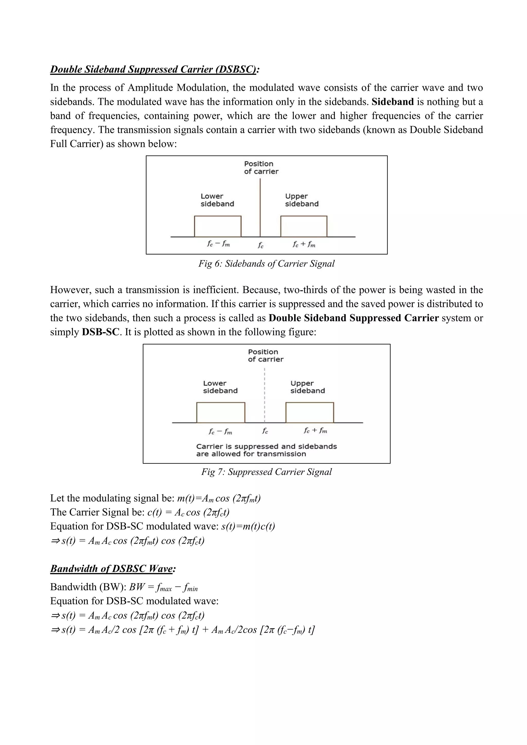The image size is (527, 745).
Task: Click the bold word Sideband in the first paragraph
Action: point(392,102)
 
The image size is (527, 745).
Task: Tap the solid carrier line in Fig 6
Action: point(260,208)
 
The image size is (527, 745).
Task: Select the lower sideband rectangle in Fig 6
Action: point(218,226)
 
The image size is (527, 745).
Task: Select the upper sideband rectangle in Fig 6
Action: point(304,226)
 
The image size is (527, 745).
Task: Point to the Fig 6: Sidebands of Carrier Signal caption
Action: point(266,263)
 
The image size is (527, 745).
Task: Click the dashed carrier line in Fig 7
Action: point(265,396)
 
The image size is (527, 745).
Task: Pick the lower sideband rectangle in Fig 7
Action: point(221,412)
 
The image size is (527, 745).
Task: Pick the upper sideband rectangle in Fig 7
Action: point(310,412)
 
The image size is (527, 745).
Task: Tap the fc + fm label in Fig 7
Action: point(315,431)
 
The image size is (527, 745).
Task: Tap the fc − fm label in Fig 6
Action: point(218,244)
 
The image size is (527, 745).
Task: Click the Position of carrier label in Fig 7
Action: point(266,356)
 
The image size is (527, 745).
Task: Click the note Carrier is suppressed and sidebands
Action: point(266,447)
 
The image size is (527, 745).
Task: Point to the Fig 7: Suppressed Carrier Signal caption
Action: point(266,472)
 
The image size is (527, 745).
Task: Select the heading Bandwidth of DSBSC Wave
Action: point(113,569)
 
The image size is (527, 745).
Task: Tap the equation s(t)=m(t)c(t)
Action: point(248,526)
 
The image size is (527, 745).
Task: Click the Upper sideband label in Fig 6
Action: point(302,200)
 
